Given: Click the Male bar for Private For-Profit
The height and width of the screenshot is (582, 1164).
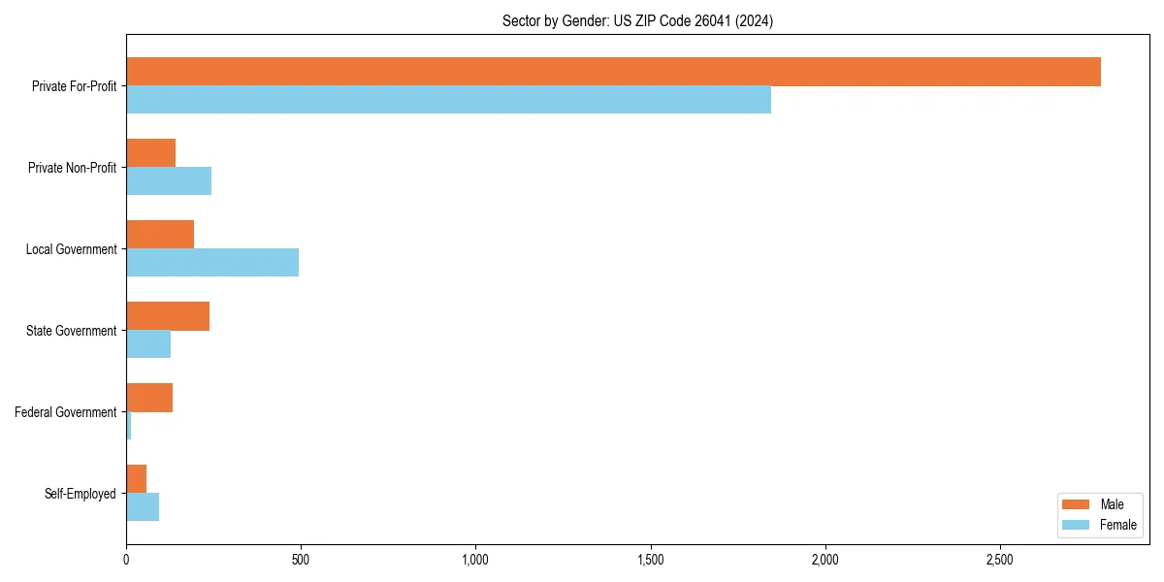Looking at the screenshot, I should click(x=613, y=72).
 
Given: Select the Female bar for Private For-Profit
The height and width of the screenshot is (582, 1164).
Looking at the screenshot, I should click(x=448, y=100).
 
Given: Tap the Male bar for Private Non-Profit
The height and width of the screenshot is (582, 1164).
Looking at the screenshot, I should click(x=150, y=153).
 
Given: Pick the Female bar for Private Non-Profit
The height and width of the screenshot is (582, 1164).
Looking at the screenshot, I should click(x=169, y=181).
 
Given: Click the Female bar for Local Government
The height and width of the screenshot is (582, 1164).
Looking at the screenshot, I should click(x=212, y=263).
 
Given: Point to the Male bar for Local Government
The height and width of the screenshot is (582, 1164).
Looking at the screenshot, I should click(x=160, y=235).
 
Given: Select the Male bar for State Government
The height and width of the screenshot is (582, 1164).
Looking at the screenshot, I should click(x=168, y=316).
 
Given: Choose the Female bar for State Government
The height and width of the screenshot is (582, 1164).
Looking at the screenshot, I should click(x=148, y=344).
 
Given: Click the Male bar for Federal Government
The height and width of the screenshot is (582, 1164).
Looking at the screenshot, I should click(x=149, y=398).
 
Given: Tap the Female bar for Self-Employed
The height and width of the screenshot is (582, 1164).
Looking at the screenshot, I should click(x=143, y=507).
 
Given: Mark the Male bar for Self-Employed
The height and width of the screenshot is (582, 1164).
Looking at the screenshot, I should click(x=136, y=479).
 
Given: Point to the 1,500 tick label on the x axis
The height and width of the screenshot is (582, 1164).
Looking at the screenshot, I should click(x=651, y=561).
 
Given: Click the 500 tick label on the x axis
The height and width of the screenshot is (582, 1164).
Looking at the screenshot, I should click(x=301, y=561).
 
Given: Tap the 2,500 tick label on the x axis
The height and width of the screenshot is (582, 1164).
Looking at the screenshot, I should click(x=1000, y=561).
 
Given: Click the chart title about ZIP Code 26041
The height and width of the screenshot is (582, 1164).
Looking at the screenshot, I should click(x=637, y=20).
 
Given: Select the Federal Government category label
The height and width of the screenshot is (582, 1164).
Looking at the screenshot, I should click(x=66, y=412).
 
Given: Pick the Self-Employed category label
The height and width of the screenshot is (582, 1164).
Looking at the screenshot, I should click(x=81, y=494).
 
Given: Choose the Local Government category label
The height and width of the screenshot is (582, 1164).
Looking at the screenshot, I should click(x=71, y=249).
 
